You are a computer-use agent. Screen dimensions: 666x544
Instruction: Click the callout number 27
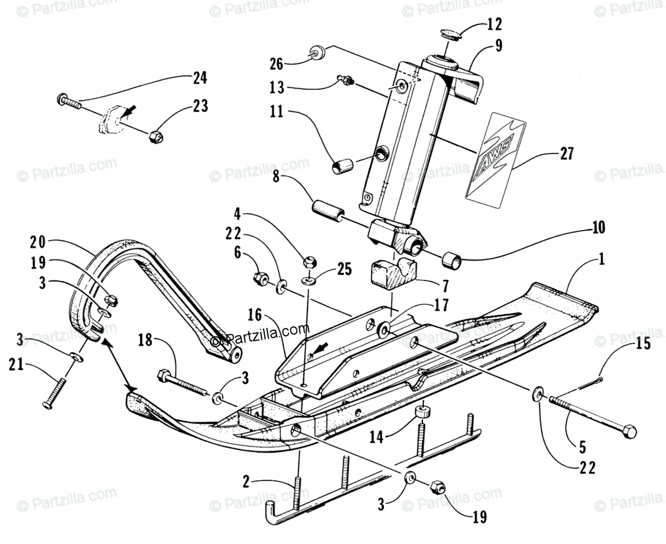click(x=566, y=154)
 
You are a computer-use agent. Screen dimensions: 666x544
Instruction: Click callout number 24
click(x=200, y=78)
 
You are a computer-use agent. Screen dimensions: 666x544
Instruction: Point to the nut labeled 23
click(x=156, y=137)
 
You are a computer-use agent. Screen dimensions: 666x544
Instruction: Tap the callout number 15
click(x=644, y=344)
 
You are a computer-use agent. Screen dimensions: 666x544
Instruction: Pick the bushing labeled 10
click(x=452, y=260)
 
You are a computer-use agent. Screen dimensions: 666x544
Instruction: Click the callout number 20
click(x=38, y=243)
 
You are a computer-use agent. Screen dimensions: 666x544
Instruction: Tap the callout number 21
click(x=17, y=364)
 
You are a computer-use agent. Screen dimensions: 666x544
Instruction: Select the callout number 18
click(x=145, y=340)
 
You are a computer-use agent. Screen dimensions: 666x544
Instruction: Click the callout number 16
click(x=255, y=315)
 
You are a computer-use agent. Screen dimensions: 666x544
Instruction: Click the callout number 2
click(x=246, y=481)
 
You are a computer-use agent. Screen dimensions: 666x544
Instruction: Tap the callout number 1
click(x=602, y=259)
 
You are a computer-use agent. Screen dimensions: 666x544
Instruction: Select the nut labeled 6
click(x=261, y=277)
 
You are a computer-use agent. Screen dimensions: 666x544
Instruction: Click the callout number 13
click(x=276, y=88)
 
